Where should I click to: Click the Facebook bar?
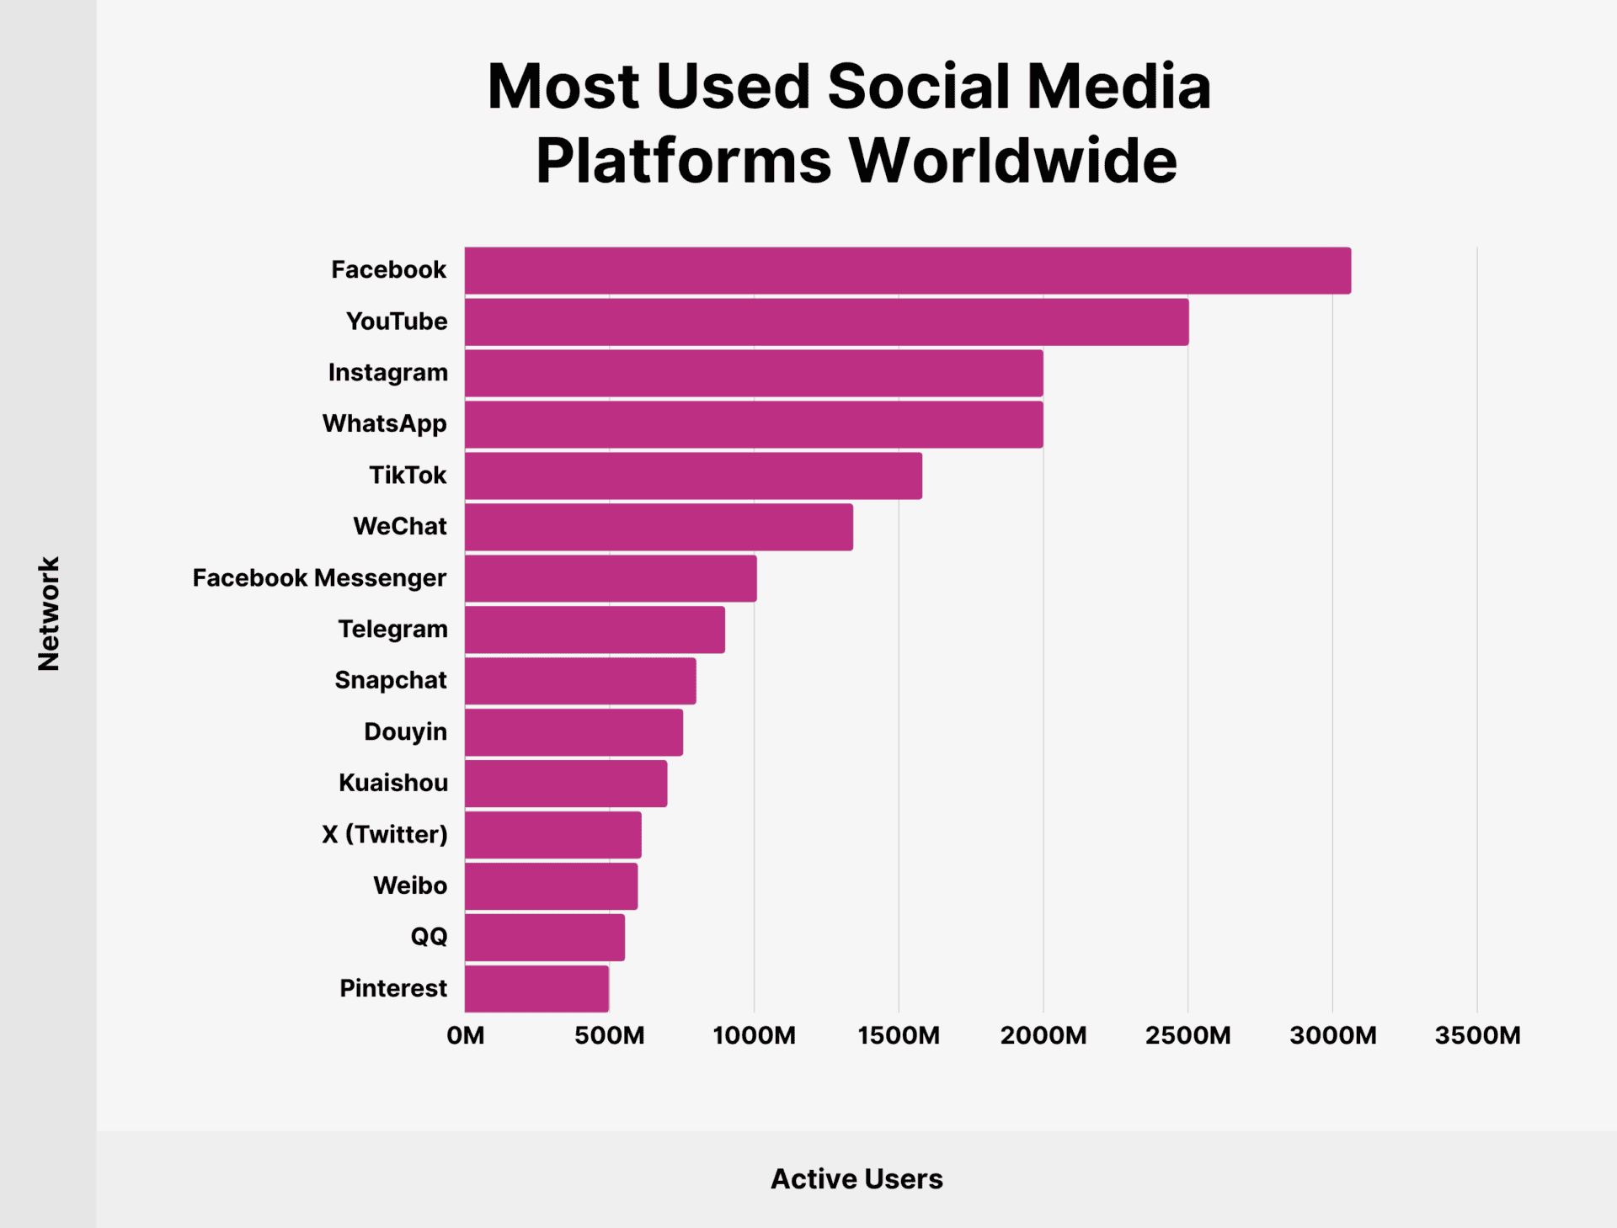[x=907, y=270]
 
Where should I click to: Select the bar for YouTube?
[x=826, y=322]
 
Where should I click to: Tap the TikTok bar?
[x=693, y=476]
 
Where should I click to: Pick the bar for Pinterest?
[x=536, y=988]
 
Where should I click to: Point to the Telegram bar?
[x=595, y=630]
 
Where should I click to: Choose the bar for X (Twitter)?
[x=552, y=834]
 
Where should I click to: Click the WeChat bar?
[x=659, y=527]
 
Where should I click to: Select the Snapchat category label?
[x=390, y=680]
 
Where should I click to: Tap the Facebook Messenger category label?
[x=319, y=578]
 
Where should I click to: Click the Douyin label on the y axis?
[x=405, y=731]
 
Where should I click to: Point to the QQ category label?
[x=429, y=937]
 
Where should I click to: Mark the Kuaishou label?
[x=392, y=783]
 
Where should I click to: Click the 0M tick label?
[x=465, y=1035]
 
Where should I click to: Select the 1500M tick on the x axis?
[x=899, y=1035]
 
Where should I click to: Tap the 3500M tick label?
[x=1477, y=1035]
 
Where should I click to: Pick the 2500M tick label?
[x=1187, y=1035]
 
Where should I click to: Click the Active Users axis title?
[x=857, y=1178]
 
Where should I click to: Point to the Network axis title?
[x=49, y=613]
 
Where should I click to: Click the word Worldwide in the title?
[x=1012, y=160]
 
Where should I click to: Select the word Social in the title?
[x=918, y=87]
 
